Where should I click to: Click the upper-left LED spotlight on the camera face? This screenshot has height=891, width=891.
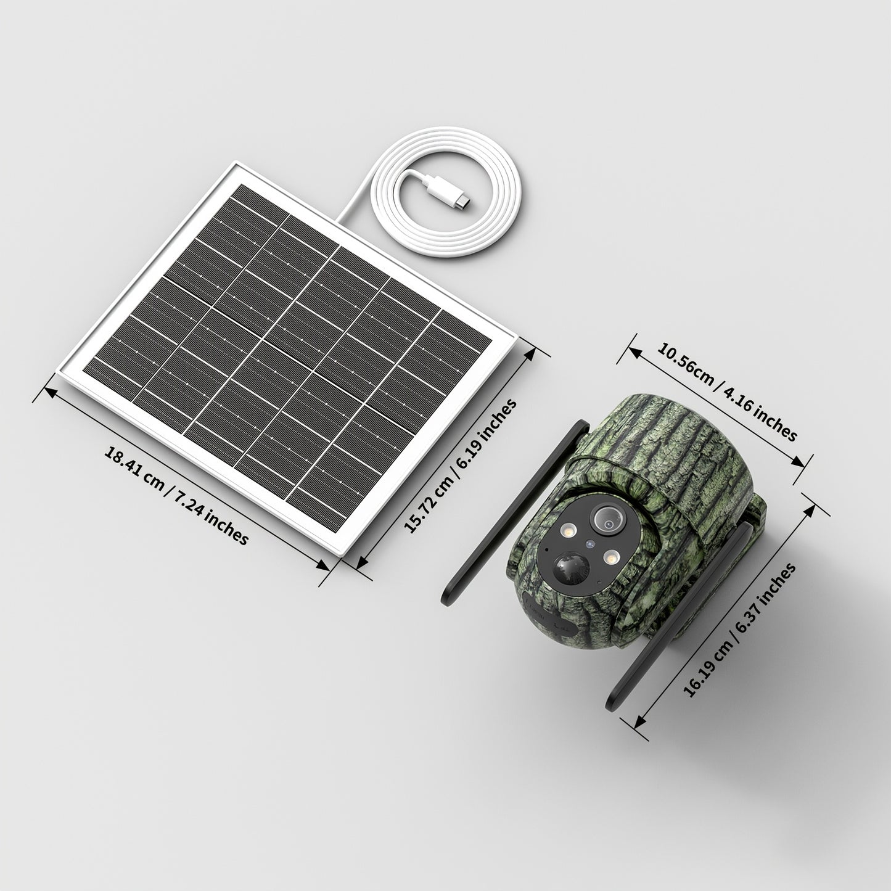569,532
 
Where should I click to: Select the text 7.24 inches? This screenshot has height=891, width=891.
213,519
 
